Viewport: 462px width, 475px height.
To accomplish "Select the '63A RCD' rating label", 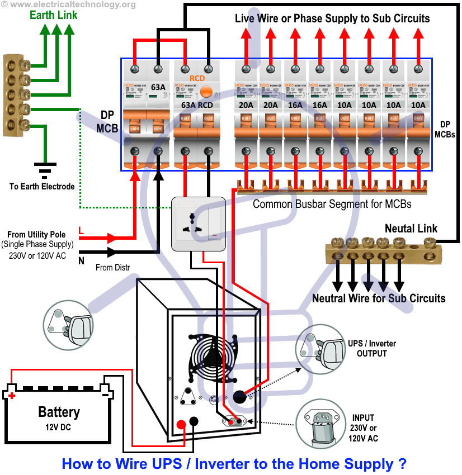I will pos(196,105).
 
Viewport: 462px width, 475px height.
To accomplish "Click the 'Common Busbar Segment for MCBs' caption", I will pos(332,204).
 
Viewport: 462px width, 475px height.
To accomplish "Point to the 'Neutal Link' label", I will pos(411,229).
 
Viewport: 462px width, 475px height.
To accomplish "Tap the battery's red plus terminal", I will pos(11,395).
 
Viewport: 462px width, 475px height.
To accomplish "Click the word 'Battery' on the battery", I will pos(59,412).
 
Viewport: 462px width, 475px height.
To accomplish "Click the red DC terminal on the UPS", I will pos(181,423).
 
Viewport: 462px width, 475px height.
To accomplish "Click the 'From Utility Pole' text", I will pos(36,235).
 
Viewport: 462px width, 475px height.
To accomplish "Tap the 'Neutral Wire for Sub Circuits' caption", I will pos(379,298).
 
